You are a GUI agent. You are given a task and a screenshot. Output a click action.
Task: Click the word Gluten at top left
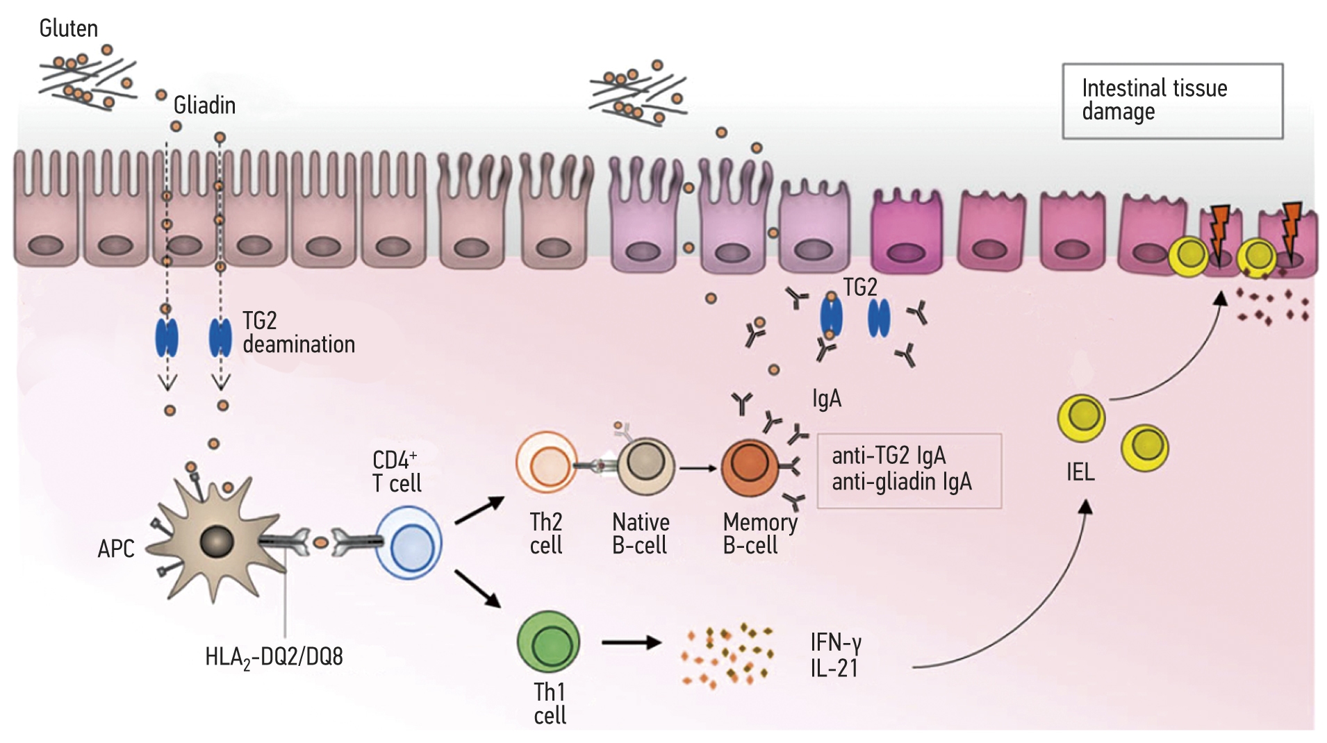tap(68, 28)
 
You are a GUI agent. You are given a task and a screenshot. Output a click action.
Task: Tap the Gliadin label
tap(204, 106)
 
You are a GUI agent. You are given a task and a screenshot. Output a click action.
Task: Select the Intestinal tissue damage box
tap(1172, 101)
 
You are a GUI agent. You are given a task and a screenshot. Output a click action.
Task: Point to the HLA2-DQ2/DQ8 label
tap(274, 657)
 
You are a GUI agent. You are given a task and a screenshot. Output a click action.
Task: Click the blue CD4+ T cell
tap(409, 543)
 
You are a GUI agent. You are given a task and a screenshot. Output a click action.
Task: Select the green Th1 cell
tap(548, 642)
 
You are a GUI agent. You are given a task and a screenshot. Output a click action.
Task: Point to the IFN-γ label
tap(836, 642)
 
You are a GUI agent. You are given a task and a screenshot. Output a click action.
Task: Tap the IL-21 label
tap(834, 669)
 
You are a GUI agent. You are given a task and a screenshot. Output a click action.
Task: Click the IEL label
tap(1080, 473)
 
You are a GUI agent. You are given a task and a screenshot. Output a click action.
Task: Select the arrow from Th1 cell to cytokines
tap(630, 642)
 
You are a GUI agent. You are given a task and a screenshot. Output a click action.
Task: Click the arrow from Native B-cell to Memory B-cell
tap(698, 468)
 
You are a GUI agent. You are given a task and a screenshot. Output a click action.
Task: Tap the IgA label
tap(826, 399)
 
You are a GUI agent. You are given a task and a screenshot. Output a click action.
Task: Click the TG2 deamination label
tap(298, 333)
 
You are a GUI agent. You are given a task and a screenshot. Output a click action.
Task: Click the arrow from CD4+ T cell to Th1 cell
tap(478, 589)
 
